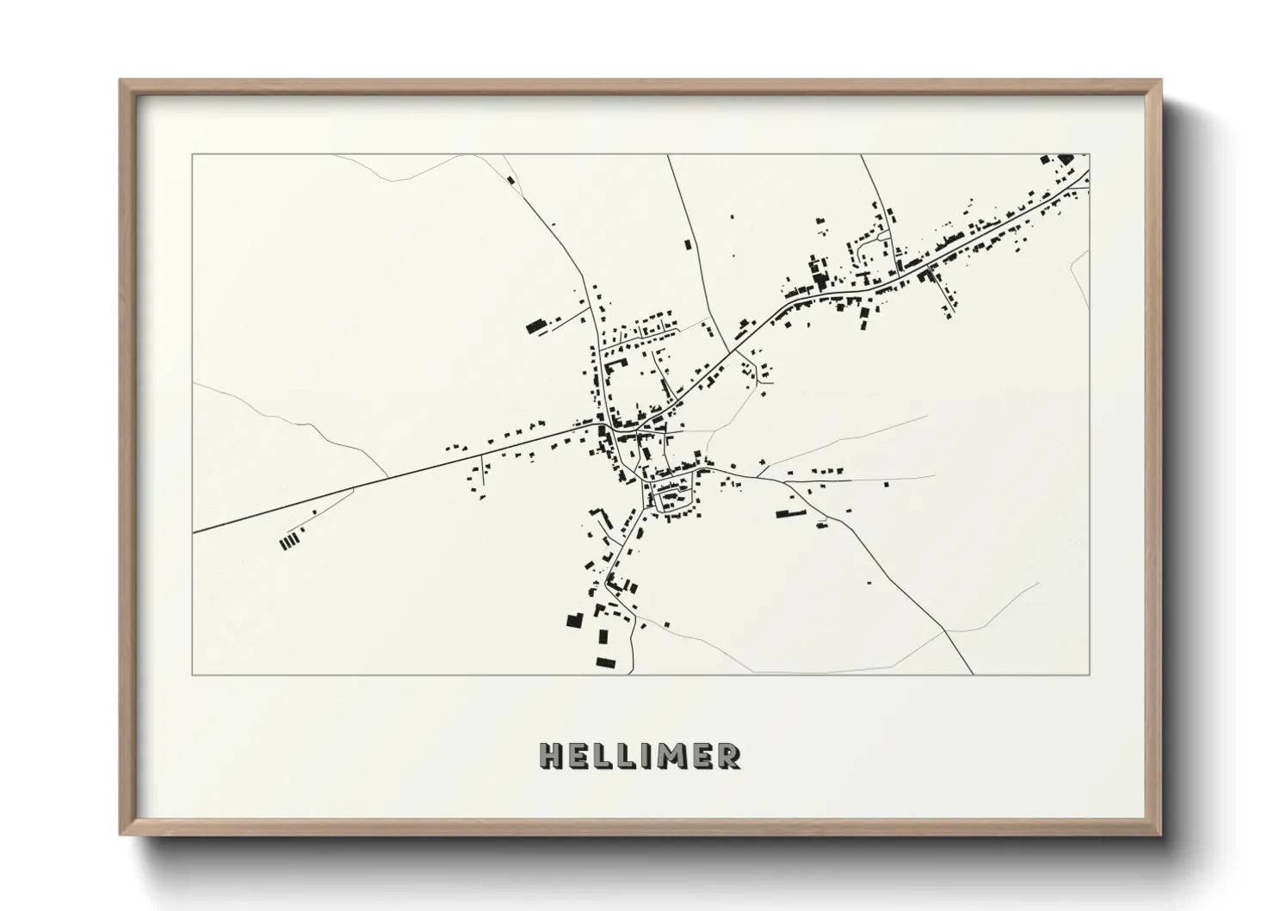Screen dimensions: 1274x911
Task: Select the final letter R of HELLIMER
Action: pos(728,757)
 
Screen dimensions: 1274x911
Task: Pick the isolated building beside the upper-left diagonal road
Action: pos(510,181)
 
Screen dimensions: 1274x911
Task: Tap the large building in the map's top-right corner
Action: pos(1066,159)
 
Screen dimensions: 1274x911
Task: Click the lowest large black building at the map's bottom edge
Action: pos(606,661)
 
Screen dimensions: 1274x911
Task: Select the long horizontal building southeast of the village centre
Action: pos(789,514)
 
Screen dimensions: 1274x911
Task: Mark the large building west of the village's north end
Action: pos(537,325)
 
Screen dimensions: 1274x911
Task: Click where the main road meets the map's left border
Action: pos(194,532)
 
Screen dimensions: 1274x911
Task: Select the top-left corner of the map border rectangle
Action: pos(193,155)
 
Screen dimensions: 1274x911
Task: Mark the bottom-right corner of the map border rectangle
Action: pos(1090,674)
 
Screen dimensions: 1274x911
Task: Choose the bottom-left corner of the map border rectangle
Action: pos(193,674)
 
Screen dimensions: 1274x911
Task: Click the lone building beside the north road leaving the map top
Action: pos(688,245)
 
